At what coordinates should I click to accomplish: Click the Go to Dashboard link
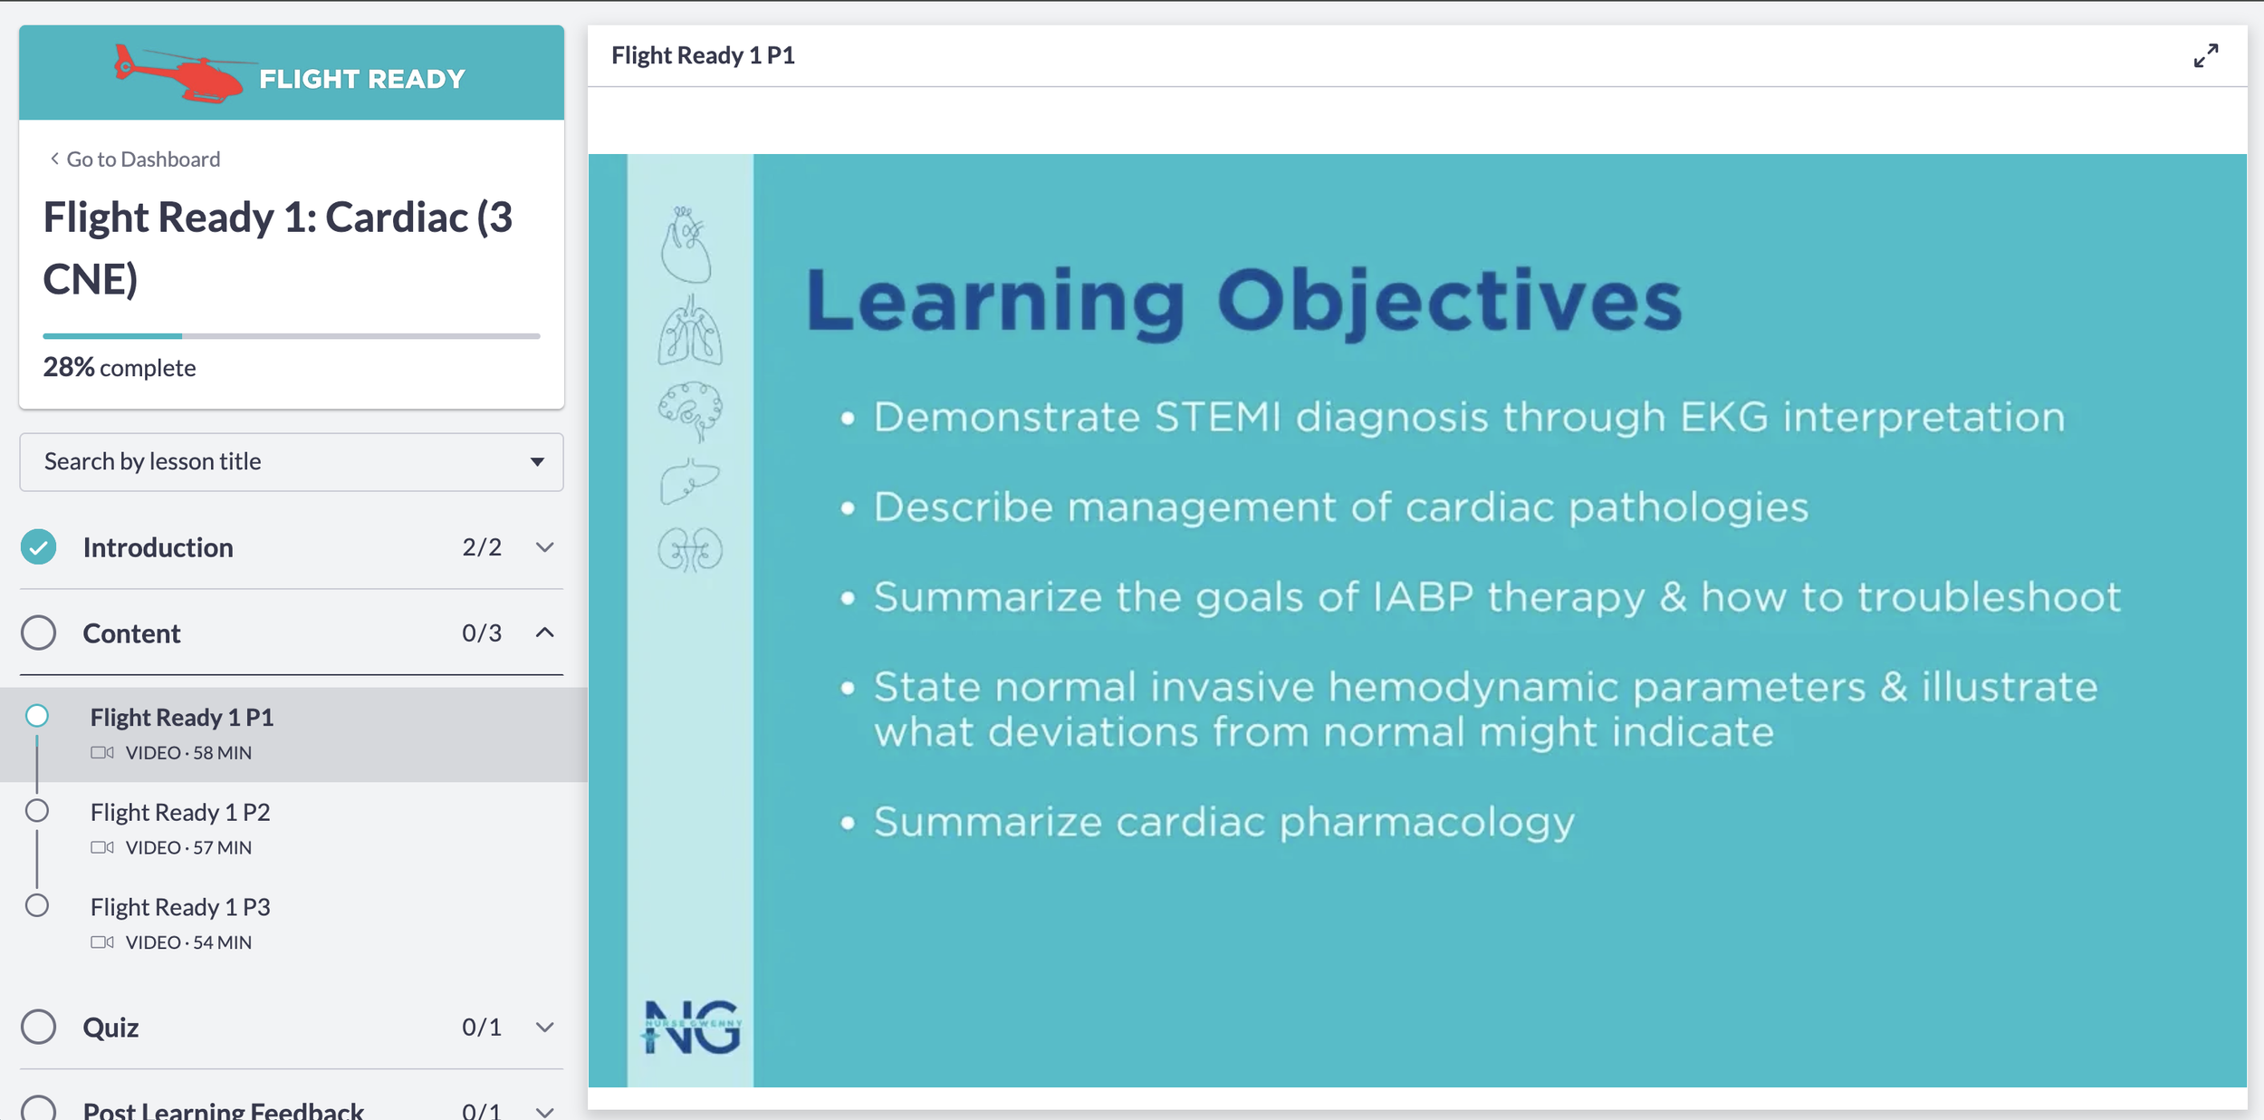(135, 159)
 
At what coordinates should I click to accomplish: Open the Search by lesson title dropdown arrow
(537, 462)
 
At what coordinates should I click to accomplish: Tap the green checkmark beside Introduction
(39, 547)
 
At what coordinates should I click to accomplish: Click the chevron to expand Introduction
(544, 547)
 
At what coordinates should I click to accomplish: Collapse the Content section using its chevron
(544, 632)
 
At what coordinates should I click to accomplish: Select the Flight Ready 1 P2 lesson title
(180, 812)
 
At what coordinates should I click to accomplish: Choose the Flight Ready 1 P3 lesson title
(180, 907)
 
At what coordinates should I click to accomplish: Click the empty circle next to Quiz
(39, 1027)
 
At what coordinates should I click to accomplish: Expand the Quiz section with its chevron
(544, 1027)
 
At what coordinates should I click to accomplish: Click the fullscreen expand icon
(2206, 56)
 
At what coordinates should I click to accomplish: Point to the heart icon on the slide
(686, 245)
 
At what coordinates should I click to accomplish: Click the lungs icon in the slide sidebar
(690, 330)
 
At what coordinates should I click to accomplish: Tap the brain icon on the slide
(690, 410)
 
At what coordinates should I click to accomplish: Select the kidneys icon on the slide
(690, 549)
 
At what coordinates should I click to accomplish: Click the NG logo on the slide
(693, 1028)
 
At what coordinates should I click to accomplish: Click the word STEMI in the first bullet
(1218, 418)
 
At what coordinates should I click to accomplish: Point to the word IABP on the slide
(1424, 597)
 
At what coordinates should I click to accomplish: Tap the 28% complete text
(120, 368)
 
